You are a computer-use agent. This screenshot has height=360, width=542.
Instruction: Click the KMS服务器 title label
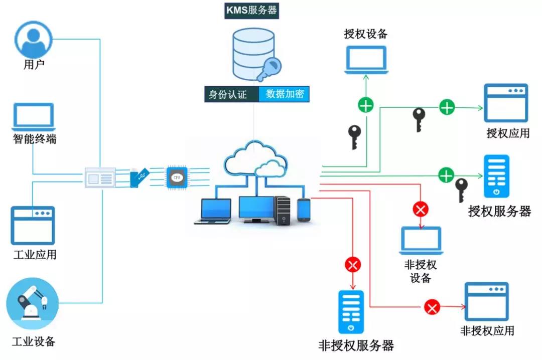[x=251, y=10]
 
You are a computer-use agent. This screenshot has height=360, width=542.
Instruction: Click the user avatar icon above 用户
[x=34, y=39]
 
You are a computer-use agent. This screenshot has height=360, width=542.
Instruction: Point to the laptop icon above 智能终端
[x=33, y=116]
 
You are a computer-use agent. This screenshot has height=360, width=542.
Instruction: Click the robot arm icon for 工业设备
[x=33, y=304]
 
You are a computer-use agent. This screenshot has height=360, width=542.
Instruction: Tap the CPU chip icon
[x=176, y=178]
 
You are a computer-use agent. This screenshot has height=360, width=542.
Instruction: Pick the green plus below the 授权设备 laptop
[x=366, y=105]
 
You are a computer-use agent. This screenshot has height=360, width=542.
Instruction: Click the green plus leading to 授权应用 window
[x=447, y=107]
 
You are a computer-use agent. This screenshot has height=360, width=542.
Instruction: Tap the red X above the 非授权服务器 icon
[x=353, y=264]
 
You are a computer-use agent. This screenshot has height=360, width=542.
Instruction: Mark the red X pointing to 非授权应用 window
[x=432, y=306]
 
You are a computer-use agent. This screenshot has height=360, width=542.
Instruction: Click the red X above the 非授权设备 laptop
[x=421, y=209]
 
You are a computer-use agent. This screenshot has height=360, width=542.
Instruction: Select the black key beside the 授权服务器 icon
[x=461, y=190]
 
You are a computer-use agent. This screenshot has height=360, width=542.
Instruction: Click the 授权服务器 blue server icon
[x=496, y=176]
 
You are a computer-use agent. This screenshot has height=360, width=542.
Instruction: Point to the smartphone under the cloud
[x=304, y=210]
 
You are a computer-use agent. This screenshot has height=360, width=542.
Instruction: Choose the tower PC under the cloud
[x=283, y=211]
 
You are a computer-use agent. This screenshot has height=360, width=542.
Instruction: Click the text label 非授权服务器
[x=356, y=345]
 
